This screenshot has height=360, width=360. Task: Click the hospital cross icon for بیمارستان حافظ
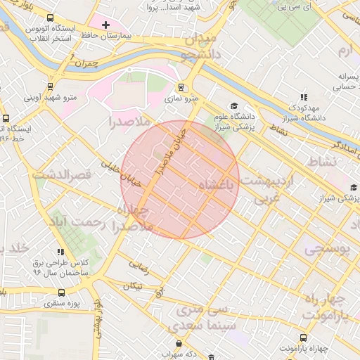click(x=106, y=25)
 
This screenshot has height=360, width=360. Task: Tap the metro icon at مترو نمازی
click(x=182, y=89)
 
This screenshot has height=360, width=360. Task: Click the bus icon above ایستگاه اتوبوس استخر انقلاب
click(x=50, y=18)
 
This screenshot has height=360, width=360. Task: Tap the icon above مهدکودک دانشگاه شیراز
click(x=303, y=97)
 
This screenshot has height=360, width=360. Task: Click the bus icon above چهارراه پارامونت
click(x=303, y=337)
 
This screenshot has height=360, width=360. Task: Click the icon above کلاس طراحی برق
click(x=61, y=251)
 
